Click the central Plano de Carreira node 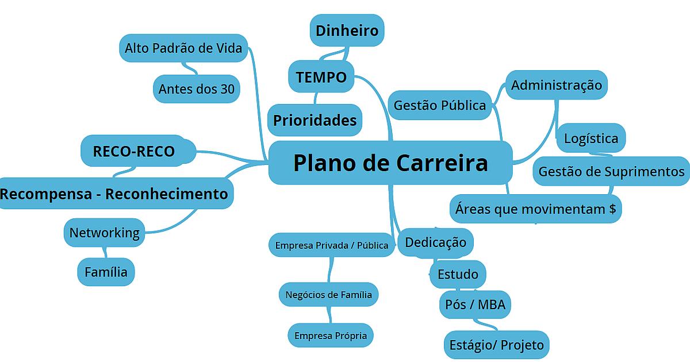(x=390, y=163)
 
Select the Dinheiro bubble (x=347, y=30)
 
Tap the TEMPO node (x=321, y=76)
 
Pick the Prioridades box (x=315, y=120)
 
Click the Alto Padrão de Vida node (x=183, y=48)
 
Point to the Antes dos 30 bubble (x=196, y=89)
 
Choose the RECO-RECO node (x=133, y=151)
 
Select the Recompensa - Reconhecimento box (x=114, y=194)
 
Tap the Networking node (x=104, y=233)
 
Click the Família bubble (x=106, y=272)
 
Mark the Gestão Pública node (x=440, y=105)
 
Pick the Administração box (x=557, y=85)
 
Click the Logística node (x=591, y=138)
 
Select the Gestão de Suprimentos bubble (x=611, y=171)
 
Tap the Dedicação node (x=435, y=241)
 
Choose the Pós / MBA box (x=475, y=304)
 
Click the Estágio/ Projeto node (x=496, y=345)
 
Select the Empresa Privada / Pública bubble (x=331, y=245)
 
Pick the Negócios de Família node (x=328, y=295)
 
